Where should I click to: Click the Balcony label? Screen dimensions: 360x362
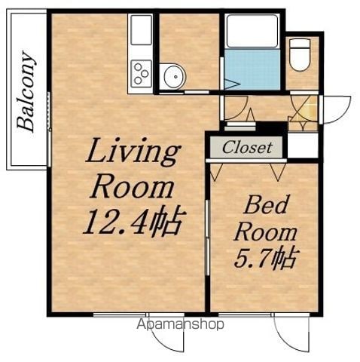26,91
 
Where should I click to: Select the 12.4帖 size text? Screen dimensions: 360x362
135,221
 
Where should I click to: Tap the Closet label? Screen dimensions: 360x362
247,147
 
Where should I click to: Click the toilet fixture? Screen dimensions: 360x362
300,54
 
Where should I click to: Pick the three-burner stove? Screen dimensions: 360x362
141,73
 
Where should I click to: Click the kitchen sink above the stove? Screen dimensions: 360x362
141,30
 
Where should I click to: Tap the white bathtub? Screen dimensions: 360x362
252,31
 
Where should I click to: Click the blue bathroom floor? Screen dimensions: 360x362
252,69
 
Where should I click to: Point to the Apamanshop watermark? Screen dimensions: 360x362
180,324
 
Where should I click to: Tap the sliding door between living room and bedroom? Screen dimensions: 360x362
207,238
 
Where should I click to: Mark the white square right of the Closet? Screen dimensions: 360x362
303,146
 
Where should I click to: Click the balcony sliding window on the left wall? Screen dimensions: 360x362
50,129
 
